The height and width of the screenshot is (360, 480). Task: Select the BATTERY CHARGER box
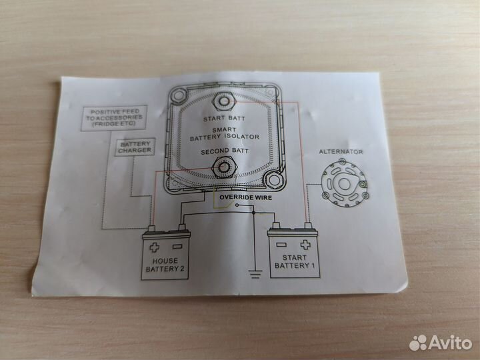(x=135, y=147)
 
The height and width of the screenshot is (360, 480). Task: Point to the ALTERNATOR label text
(x=342, y=152)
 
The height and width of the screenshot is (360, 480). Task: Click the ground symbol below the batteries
(x=254, y=272)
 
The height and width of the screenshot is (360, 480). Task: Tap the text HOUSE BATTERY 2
(x=165, y=266)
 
